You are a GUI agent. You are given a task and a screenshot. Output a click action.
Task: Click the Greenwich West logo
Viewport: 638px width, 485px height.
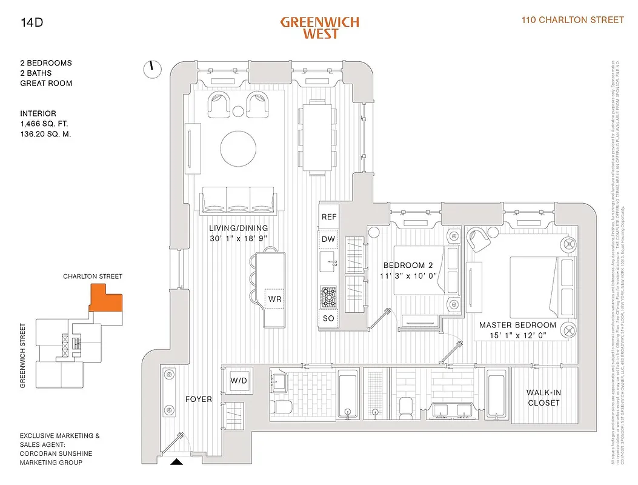[x=319, y=28]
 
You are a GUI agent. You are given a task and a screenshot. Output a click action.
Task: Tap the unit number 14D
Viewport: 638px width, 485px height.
[x=31, y=24]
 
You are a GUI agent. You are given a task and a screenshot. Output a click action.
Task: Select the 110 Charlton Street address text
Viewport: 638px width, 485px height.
[x=573, y=20]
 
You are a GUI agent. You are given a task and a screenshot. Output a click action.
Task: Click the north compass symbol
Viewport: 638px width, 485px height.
[x=152, y=69]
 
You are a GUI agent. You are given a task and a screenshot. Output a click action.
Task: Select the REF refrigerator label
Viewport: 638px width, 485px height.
[x=328, y=217]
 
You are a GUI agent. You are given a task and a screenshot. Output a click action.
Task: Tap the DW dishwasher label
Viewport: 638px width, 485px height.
[x=328, y=239]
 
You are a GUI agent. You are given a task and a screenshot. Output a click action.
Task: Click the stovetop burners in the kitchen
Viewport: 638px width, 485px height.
[x=328, y=296]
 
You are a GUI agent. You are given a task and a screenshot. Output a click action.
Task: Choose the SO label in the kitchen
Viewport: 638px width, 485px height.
[x=328, y=318]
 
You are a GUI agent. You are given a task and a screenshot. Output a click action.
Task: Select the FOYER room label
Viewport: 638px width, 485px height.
[x=199, y=400]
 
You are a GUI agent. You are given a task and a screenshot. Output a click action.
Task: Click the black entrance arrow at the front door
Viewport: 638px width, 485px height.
[x=176, y=462]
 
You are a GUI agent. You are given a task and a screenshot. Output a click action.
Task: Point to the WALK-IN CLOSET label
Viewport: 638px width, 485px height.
[x=543, y=398]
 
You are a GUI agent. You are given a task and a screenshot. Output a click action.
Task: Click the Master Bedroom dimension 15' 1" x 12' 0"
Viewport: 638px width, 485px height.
[x=517, y=335]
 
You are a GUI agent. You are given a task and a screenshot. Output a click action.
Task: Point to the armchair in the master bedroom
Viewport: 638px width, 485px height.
[x=480, y=240]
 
